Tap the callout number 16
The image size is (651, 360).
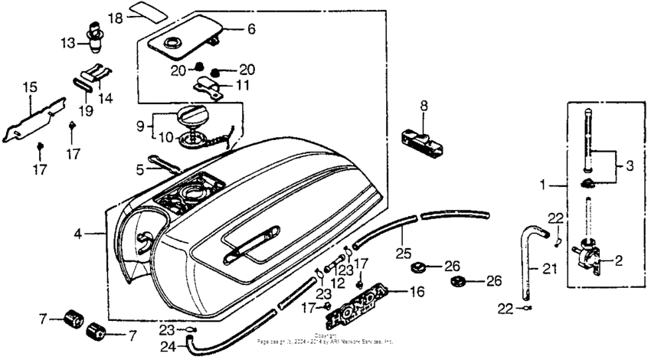click(x=416, y=292)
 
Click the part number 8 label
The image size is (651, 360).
click(x=424, y=106)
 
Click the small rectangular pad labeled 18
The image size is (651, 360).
click(x=150, y=9)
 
